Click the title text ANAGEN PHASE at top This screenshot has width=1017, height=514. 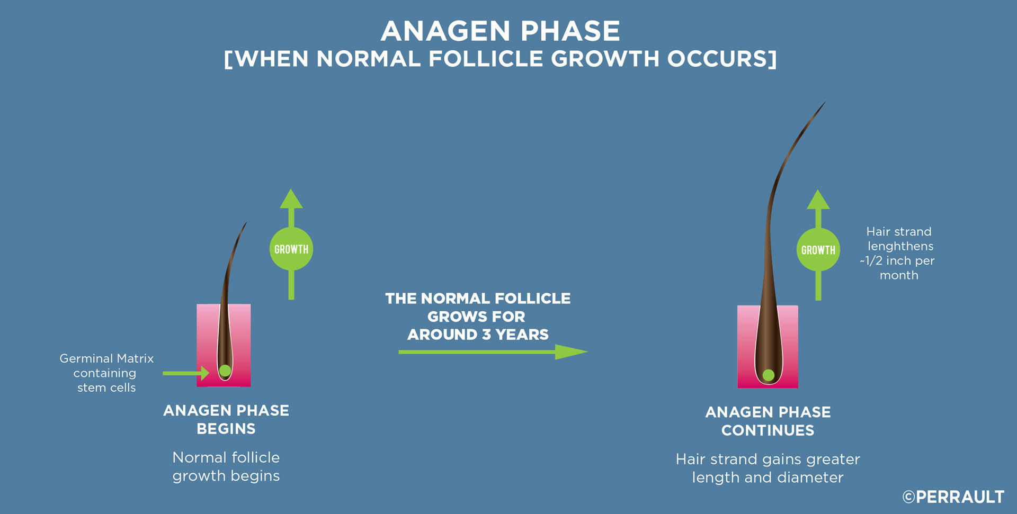pyautogui.click(x=500, y=31)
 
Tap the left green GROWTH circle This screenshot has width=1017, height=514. pyautogui.click(x=291, y=249)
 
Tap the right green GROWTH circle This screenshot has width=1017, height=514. pyautogui.click(x=818, y=250)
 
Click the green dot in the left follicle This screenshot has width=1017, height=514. pyautogui.click(x=225, y=371)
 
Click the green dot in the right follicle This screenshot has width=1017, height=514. pyautogui.click(x=769, y=375)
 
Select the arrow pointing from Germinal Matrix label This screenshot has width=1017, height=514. pyautogui.click(x=186, y=373)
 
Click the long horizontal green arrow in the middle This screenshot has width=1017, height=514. pyautogui.click(x=493, y=352)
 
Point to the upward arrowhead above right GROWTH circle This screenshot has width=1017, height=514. pyautogui.click(x=818, y=200)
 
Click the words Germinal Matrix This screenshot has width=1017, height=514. pyautogui.click(x=106, y=358)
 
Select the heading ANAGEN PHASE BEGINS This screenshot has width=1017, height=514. pyautogui.click(x=226, y=419)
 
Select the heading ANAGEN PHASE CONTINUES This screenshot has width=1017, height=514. pyautogui.click(x=768, y=421)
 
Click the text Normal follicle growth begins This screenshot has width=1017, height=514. pyautogui.click(x=226, y=466)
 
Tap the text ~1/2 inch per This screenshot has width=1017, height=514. pyautogui.click(x=897, y=260)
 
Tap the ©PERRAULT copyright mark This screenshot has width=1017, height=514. pyautogui.click(x=953, y=497)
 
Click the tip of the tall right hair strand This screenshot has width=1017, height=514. pyautogui.click(x=825, y=102)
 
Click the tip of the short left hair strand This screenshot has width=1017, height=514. pyautogui.click(x=246, y=223)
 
